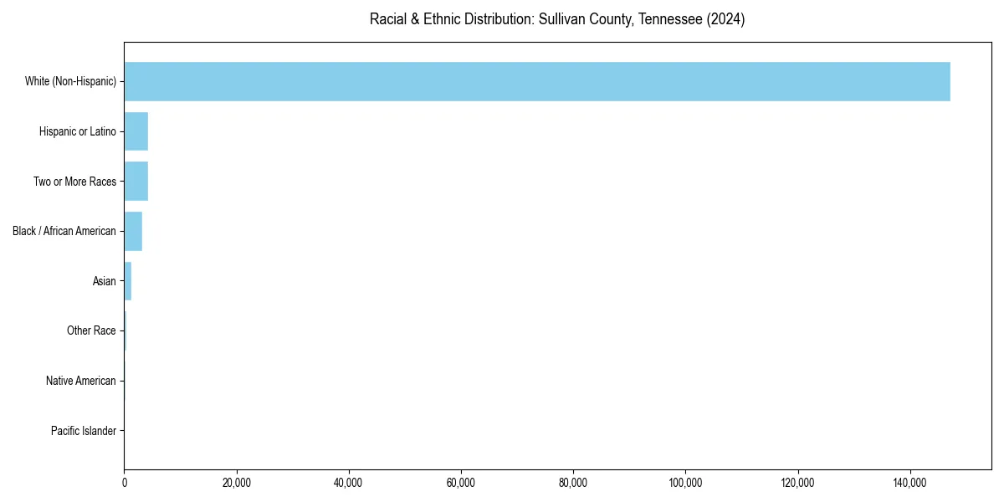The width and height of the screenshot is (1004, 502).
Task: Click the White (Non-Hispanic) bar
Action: coord(536,81)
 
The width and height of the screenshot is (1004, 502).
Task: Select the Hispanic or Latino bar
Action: coord(136,131)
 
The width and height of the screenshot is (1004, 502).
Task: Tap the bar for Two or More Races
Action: coord(136,182)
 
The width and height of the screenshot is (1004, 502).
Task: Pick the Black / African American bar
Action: coord(133,231)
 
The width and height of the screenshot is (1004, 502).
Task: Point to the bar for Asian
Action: coord(128,281)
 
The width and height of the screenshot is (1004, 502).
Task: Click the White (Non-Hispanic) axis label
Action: coord(70,81)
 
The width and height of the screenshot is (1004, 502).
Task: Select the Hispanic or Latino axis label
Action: coord(78,131)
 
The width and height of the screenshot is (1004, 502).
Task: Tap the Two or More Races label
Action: coord(74,182)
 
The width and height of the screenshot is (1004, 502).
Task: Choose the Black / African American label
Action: coord(64,231)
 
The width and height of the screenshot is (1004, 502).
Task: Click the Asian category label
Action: coord(105,281)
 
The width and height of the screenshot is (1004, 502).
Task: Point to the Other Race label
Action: coord(91,331)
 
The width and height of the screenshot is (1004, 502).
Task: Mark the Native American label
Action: coord(81,381)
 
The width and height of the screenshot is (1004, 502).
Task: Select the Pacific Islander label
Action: coord(84,431)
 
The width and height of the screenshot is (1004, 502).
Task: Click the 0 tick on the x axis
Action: coord(125,483)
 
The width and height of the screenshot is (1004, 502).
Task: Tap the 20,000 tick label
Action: coord(237,483)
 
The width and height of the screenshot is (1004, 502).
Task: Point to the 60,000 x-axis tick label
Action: coord(461,483)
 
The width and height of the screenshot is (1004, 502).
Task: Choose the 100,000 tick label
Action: coord(685,483)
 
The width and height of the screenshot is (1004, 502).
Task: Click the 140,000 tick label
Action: coord(909,483)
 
